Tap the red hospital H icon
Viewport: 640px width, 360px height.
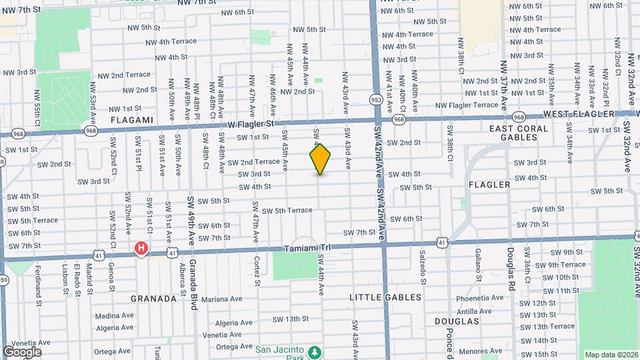tap(141, 249)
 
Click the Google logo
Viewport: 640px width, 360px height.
tap(22, 352)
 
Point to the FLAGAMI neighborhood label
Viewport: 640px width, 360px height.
tap(133, 120)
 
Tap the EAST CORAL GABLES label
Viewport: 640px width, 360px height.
tap(523, 133)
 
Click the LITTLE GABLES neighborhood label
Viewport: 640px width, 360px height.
tap(386, 297)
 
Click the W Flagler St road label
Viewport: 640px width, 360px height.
tap(251, 124)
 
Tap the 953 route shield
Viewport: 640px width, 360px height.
tap(376, 98)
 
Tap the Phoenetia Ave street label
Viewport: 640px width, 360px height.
tap(479, 299)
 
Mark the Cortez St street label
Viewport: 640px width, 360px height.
tap(256, 271)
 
